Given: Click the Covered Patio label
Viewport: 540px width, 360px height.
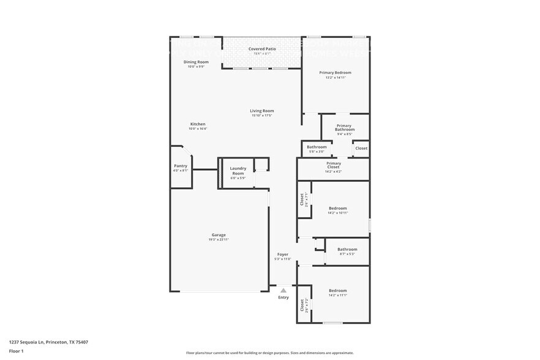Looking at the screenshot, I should [x=261, y=48].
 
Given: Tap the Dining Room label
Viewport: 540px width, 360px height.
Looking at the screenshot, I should [x=196, y=62].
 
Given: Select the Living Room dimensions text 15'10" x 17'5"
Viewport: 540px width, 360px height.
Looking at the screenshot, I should [x=261, y=116].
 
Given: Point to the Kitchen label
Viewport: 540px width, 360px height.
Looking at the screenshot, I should [x=197, y=124].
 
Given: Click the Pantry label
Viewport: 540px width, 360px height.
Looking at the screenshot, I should [x=180, y=165].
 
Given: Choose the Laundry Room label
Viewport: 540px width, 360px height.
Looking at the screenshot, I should [x=238, y=171].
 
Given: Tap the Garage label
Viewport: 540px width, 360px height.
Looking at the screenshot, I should [x=219, y=234].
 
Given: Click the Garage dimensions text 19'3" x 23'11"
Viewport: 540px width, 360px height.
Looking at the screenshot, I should [x=219, y=239].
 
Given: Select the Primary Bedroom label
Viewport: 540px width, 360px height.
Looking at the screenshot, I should [x=335, y=72].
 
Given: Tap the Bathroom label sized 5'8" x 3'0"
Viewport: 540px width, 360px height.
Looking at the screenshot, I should [x=317, y=147].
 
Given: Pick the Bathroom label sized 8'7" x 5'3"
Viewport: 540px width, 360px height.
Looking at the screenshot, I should [x=347, y=249].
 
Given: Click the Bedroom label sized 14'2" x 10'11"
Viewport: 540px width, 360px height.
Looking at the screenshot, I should [x=337, y=208].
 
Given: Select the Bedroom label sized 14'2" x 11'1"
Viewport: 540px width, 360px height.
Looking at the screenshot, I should [x=337, y=290].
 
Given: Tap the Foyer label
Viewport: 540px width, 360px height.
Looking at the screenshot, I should [x=282, y=254].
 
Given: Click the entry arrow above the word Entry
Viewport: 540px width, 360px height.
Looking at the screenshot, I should [x=283, y=291].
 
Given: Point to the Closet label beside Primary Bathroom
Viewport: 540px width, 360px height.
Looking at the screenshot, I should [x=361, y=148].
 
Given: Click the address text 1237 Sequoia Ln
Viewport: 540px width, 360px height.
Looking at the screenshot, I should [x=28, y=342].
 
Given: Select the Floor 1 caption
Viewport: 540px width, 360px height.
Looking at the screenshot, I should [x=16, y=351].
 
